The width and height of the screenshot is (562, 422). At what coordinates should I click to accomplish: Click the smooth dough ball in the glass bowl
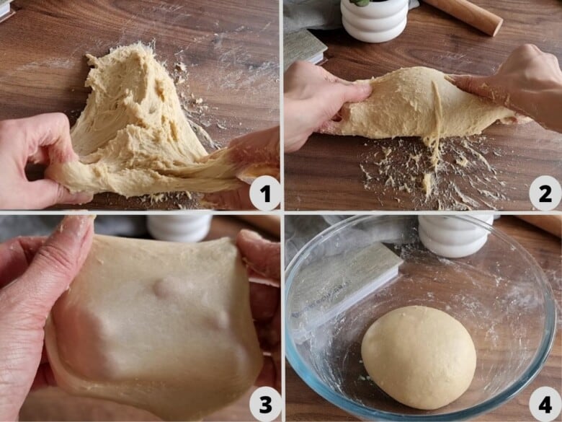[x=419, y=357]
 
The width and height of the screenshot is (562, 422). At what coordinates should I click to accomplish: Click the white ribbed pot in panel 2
[x=375, y=19]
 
